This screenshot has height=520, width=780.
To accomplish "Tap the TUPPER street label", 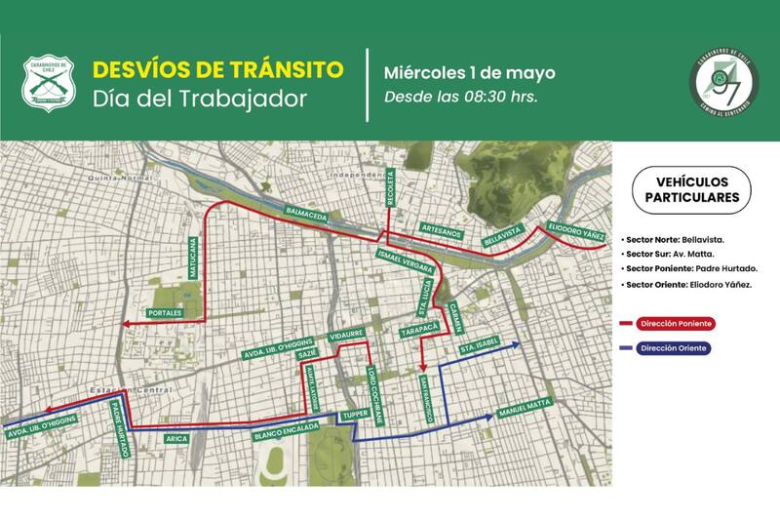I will coord(350,417).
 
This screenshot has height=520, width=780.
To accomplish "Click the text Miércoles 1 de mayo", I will coord(469,73).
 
